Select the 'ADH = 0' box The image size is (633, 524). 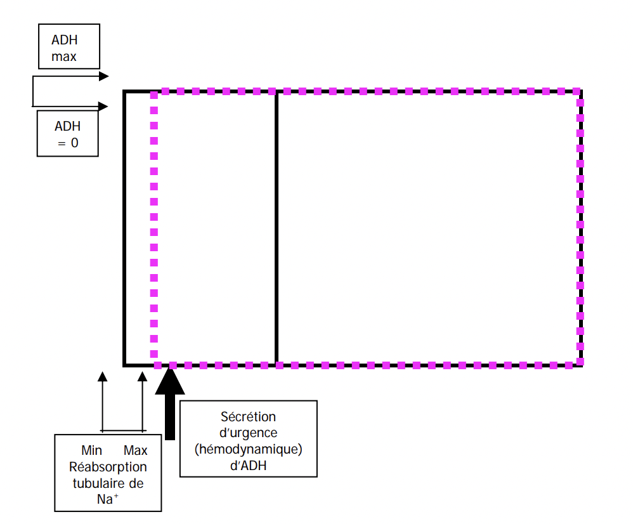coord(68,133)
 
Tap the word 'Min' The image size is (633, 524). coord(92,450)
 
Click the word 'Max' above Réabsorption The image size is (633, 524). coord(135,450)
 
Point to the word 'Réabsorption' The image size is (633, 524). coord(108,467)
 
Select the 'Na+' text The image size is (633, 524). coord(108,499)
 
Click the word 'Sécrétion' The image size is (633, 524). coord(248,417)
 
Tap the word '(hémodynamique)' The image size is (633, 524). coord(248,450)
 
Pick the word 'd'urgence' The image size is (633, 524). coord(248,433)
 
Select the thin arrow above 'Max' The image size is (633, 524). coord(142,400)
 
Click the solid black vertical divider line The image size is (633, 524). coord(277,228)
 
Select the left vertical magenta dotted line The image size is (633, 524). coord(153,228)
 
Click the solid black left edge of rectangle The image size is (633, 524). coord(125,228)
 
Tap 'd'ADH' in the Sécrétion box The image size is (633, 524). coord(248,466)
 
